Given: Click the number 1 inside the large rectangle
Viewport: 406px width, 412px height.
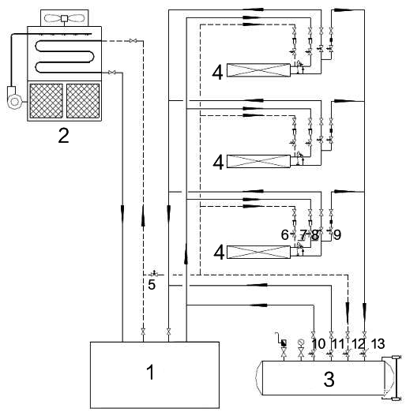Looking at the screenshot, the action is (x=150, y=373).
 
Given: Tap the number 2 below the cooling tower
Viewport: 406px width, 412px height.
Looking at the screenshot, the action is (x=63, y=136).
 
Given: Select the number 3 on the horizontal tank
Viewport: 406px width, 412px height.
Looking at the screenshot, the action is (x=329, y=379).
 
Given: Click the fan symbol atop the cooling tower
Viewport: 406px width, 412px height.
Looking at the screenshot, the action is (x=65, y=18).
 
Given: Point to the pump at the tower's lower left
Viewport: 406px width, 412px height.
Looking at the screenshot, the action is (x=13, y=97).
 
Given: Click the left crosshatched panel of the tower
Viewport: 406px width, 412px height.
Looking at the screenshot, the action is (x=46, y=101).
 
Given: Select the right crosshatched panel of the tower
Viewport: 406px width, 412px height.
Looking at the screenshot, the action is (x=83, y=101).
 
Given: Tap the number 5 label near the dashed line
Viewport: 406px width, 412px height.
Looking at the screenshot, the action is (x=152, y=284).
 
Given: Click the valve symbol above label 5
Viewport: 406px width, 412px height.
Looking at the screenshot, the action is (x=154, y=274).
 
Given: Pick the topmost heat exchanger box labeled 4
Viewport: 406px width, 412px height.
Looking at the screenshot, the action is (x=258, y=70).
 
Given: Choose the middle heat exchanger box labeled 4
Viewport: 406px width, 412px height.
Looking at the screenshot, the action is (x=258, y=161).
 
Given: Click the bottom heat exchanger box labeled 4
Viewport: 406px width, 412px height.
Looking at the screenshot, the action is (x=258, y=253).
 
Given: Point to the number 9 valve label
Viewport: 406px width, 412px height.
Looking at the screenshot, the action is (x=337, y=234).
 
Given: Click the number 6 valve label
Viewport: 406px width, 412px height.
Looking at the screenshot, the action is (x=284, y=234).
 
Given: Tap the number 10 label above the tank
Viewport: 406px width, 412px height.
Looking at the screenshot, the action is (x=318, y=343).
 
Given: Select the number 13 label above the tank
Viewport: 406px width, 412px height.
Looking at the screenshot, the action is (x=378, y=343).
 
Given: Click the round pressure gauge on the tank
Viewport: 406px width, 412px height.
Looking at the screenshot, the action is (x=301, y=343).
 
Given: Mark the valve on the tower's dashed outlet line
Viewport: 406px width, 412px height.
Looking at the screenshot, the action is (x=133, y=41).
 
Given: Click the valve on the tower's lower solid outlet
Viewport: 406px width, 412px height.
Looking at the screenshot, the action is (x=112, y=73).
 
